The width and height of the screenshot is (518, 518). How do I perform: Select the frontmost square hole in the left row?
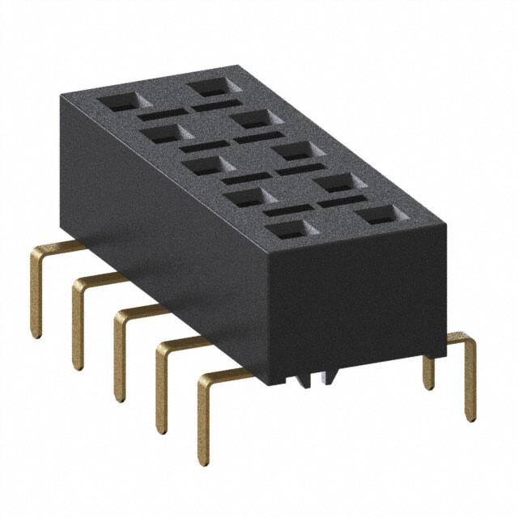[x=288, y=229]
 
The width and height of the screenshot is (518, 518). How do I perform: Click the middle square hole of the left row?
[x=204, y=166]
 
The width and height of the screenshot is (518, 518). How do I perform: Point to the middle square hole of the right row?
[x=292, y=150]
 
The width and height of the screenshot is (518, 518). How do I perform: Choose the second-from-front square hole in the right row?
[x=336, y=182]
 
